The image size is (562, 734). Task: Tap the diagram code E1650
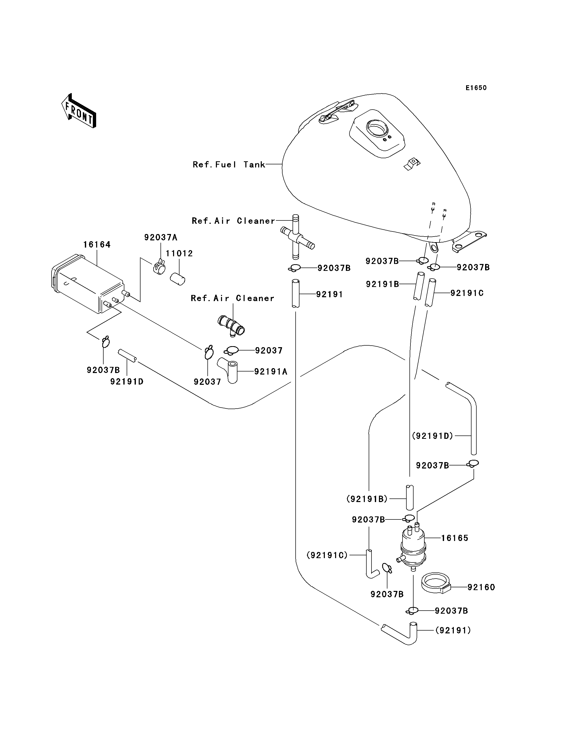[476, 88]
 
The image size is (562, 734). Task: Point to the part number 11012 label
[179, 253]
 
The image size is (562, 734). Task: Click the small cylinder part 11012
[178, 279]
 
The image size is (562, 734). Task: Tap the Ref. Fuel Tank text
[229, 164]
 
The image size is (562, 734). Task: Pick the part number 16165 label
[455, 538]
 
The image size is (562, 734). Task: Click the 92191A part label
[271, 371]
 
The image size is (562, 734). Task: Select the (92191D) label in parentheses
[433, 436]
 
